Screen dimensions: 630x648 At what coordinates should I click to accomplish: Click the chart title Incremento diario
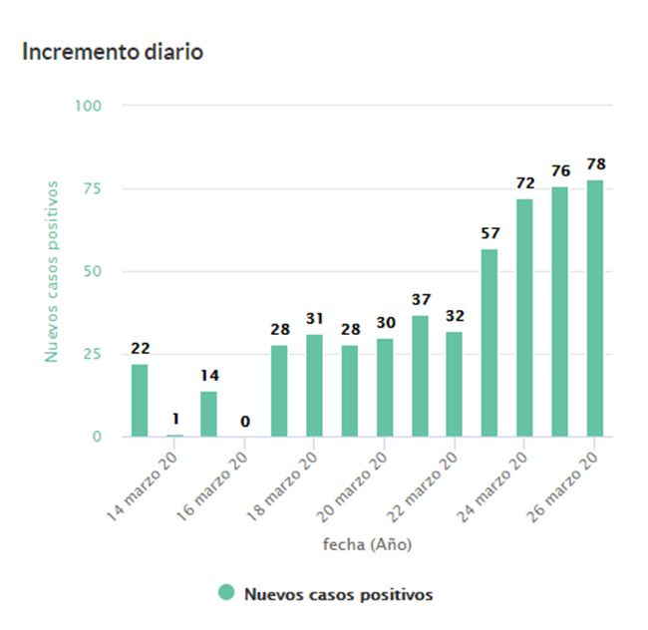113,52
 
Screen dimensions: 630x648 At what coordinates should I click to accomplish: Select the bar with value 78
595,308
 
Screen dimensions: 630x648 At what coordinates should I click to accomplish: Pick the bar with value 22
140,400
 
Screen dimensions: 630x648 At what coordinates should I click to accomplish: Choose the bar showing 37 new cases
420,376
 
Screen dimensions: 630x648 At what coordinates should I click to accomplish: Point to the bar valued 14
208,414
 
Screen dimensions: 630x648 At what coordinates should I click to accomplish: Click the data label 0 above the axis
244,422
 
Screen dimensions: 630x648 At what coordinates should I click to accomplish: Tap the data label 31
314,318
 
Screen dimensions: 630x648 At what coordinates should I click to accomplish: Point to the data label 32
455,315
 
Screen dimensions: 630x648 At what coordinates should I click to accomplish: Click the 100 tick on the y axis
88,106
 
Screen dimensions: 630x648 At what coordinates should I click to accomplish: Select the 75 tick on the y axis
92,188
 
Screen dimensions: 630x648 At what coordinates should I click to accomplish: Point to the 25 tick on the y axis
92,354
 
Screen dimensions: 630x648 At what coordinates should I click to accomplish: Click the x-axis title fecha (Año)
367,544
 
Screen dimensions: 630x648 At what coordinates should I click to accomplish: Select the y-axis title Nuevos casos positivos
52,271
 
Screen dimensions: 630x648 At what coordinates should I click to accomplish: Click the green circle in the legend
226,593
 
